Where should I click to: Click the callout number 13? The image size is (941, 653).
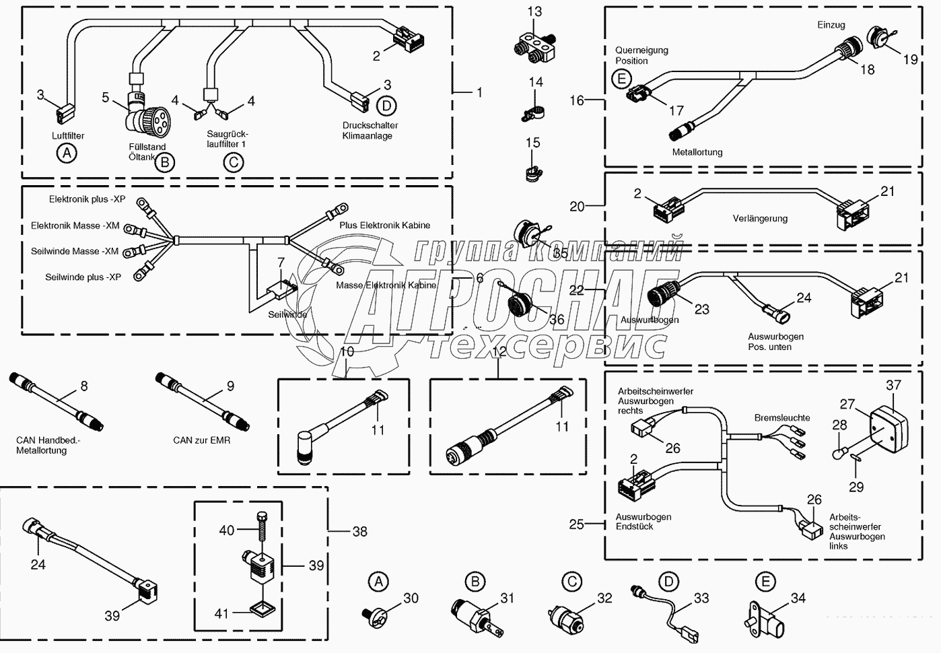coord(534,11)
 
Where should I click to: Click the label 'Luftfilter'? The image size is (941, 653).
coord(68,135)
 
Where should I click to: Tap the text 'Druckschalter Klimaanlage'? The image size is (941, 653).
coord(370,131)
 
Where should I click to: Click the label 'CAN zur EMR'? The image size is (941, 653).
coord(201,440)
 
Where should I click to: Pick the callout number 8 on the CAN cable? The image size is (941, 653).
coord(84,386)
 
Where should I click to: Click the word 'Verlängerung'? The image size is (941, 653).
coord(760,218)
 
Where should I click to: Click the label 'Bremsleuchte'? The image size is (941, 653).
coord(782,417)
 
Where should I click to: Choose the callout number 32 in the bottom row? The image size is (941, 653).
coord(604,598)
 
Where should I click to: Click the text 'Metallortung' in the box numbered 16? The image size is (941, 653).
coord(697,152)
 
